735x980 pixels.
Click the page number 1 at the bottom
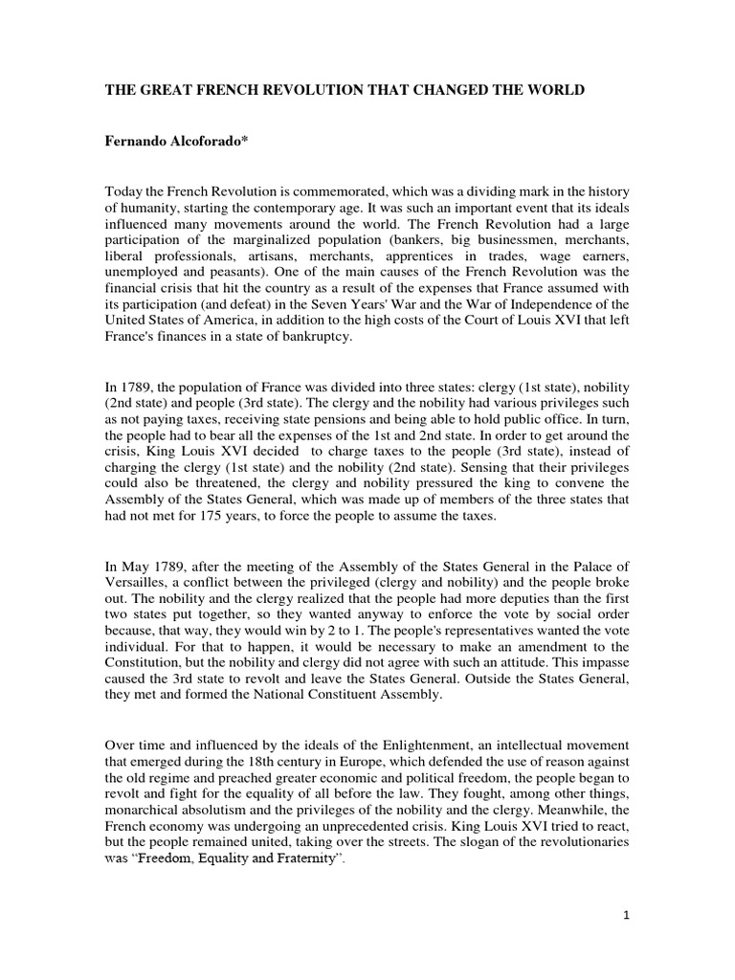click(x=625, y=942)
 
